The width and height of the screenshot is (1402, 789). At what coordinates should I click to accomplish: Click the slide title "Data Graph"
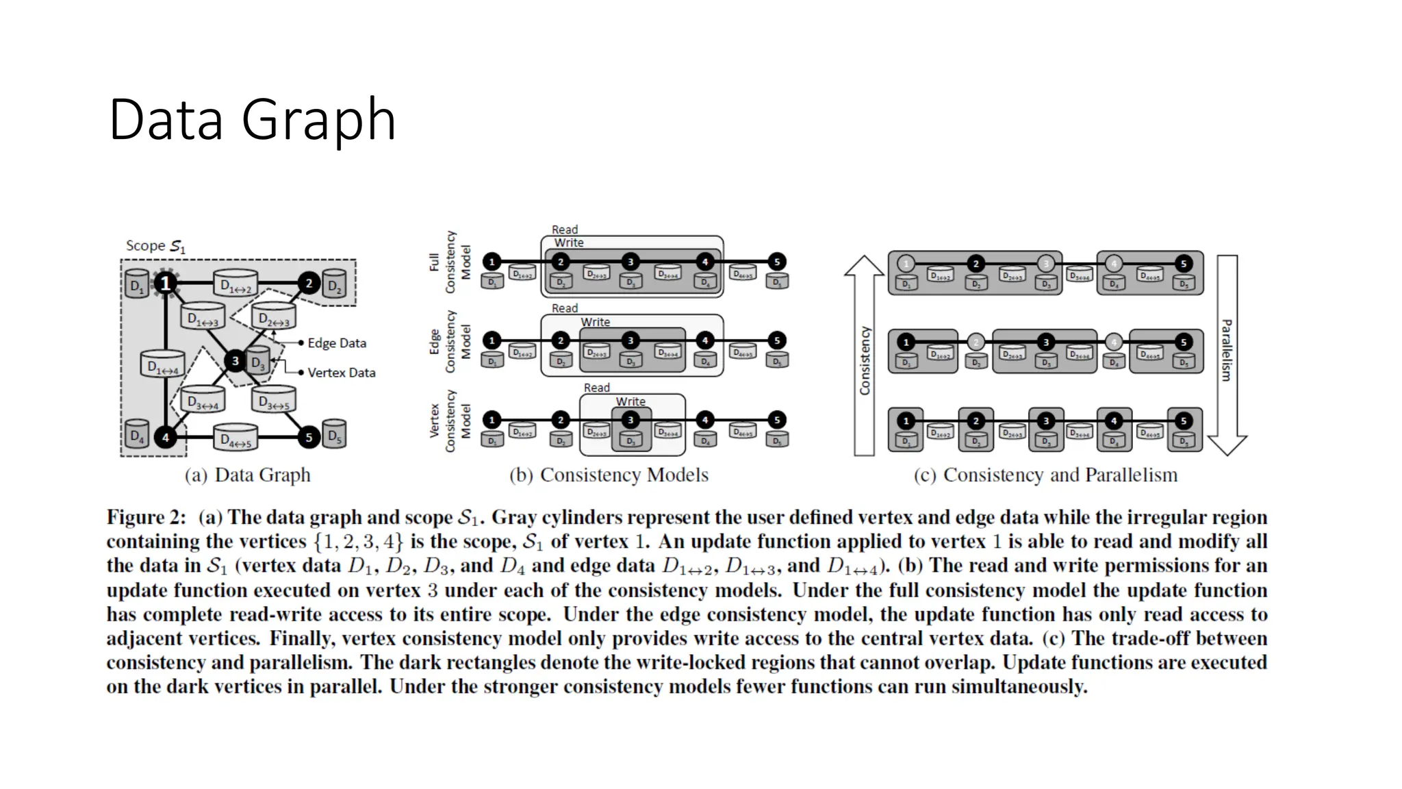(x=252, y=121)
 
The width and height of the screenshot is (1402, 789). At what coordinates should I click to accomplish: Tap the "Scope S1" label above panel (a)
(x=155, y=246)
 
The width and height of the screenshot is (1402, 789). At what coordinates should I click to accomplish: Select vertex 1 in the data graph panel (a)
(x=165, y=283)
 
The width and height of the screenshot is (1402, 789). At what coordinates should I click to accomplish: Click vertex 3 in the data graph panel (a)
(x=235, y=360)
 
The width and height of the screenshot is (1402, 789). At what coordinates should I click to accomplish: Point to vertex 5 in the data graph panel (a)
(x=309, y=437)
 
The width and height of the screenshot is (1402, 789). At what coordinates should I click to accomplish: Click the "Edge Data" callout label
(x=337, y=343)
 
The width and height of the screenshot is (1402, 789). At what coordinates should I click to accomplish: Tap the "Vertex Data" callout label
(x=342, y=373)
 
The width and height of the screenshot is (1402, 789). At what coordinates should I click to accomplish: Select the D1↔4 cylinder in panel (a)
(x=162, y=365)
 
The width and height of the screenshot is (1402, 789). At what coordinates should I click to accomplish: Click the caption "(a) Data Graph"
(x=247, y=475)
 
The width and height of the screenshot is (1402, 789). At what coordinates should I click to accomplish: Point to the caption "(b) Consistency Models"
(x=609, y=475)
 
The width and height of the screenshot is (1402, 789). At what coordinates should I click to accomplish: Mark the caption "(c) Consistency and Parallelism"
(x=1045, y=475)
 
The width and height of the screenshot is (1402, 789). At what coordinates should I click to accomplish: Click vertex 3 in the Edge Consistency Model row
(x=630, y=340)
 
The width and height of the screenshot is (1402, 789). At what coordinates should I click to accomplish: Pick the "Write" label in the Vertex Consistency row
(x=630, y=401)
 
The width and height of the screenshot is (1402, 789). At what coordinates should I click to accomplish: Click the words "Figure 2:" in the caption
(x=146, y=518)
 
